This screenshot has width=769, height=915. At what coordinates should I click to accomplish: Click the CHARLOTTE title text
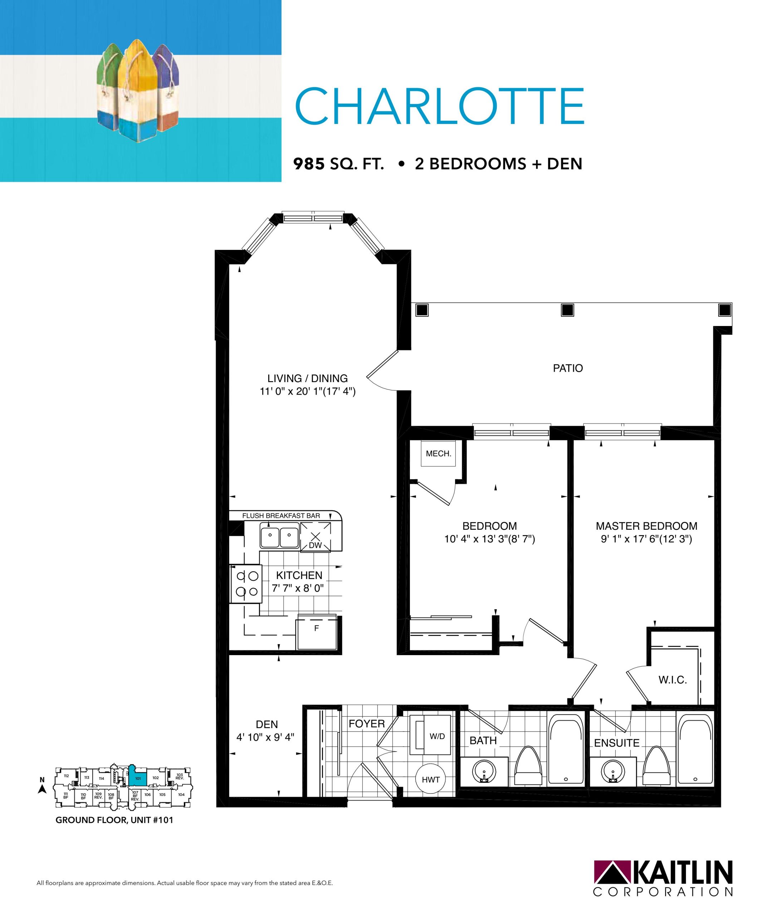click(x=440, y=106)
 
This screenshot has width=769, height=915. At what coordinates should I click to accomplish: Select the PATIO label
click(x=568, y=368)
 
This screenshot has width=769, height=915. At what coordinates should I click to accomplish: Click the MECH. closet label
click(x=439, y=454)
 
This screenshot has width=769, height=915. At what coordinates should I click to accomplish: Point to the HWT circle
click(x=431, y=780)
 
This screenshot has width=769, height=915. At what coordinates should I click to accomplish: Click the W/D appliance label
click(x=437, y=736)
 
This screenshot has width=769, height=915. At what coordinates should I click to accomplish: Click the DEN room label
click(x=267, y=724)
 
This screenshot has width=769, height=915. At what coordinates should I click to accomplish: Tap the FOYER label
click(x=367, y=724)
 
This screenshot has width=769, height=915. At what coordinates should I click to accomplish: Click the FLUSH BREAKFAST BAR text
click(x=281, y=516)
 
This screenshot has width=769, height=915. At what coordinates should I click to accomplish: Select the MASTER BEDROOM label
click(x=647, y=526)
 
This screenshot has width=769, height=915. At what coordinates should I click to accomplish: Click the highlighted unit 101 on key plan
click(x=137, y=778)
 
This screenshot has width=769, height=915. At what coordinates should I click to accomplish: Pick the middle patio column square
click(x=567, y=310)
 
